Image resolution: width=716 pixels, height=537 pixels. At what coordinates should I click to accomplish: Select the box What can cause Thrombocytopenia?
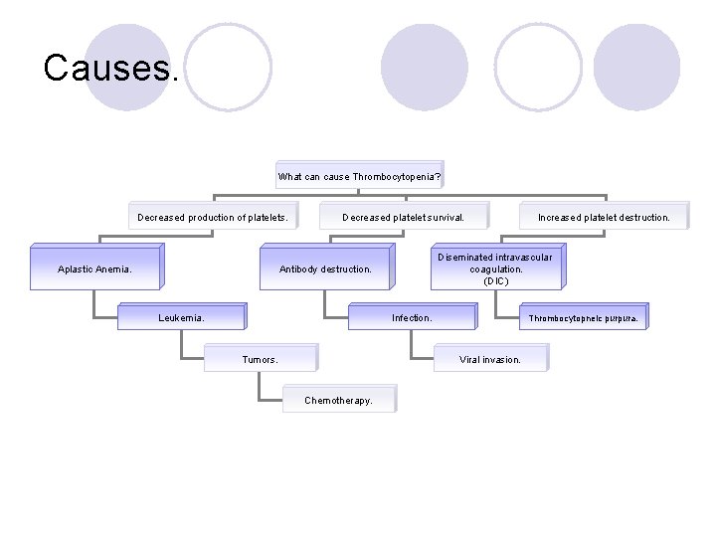pyautogui.click(x=359, y=176)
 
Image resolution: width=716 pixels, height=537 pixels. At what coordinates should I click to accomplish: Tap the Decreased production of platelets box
pyautogui.click(x=212, y=217)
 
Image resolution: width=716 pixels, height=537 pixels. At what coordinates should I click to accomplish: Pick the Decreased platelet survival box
pyautogui.click(x=402, y=217)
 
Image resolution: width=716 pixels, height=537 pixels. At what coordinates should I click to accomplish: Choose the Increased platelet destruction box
pyautogui.click(x=604, y=217)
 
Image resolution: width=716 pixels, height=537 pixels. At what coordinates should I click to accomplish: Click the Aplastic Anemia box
pyautogui.click(x=94, y=268)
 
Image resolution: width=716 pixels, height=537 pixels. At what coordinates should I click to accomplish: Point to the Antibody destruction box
pyautogui.click(x=325, y=268)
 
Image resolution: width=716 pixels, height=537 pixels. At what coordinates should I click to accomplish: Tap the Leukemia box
pyautogui.click(x=182, y=318)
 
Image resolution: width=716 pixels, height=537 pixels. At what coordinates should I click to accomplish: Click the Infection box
pyautogui.click(x=412, y=318)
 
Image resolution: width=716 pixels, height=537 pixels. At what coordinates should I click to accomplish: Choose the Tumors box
pyautogui.click(x=261, y=359)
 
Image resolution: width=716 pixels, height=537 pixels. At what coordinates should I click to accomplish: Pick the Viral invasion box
pyautogui.click(x=490, y=359)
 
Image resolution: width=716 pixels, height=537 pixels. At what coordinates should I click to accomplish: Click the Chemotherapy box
pyautogui.click(x=338, y=400)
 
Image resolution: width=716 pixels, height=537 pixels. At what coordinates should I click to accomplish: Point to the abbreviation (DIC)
pyautogui.click(x=496, y=281)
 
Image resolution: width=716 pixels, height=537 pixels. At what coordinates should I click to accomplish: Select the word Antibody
pyautogui.click(x=299, y=268)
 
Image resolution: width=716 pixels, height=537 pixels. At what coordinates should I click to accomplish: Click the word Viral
pyautogui.click(x=472, y=359)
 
